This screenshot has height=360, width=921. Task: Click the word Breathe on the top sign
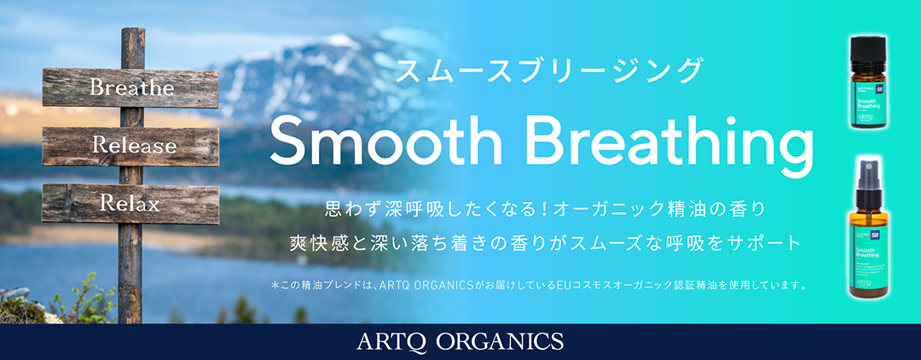pyautogui.click(x=131, y=88)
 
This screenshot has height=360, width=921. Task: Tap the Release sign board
pyautogui.click(x=135, y=146)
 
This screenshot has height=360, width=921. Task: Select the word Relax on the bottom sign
pyautogui.click(x=130, y=203)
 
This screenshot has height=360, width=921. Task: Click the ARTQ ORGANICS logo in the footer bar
pyautogui.click(x=460, y=341)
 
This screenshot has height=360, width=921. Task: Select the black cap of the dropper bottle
pyautogui.click(x=870, y=49)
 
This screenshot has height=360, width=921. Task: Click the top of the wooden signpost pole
pyautogui.click(x=132, y=34)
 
